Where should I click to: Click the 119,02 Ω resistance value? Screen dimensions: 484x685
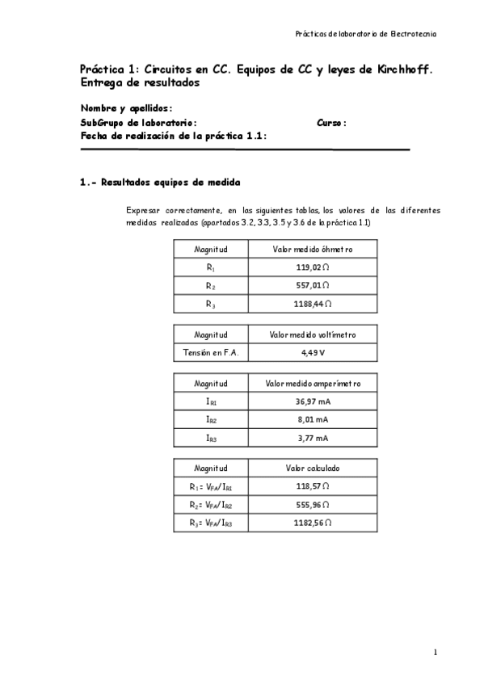[x=312, y=267]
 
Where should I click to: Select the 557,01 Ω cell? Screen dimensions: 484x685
[x=312, y=286]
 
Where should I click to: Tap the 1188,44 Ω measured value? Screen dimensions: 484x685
[x=312, y=305]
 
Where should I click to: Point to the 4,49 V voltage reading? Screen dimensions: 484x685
[x=312, y=352]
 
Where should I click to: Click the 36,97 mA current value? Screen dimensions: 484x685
[x=312, y=401]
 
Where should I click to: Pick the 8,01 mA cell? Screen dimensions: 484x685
[x=312, y=420]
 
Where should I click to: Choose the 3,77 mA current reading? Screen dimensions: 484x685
[x=312, y=439]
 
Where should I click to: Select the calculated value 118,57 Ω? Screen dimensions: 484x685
[x=312, y=486]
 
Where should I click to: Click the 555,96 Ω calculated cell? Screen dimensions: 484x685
[x=312, y=505]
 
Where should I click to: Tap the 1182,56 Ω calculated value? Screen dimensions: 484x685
[x=312, y=523]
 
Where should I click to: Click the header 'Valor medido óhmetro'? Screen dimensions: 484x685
[x=312, y=250]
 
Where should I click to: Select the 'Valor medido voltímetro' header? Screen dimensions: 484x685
[x=312, y=334]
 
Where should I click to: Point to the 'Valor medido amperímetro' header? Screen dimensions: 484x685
[x=312, y=383]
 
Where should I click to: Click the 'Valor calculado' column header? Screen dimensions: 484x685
[x=312, y=469]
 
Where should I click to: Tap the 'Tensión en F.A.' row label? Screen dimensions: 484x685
[x=211, y=352]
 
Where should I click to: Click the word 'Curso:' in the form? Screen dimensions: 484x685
[x=332, y=123]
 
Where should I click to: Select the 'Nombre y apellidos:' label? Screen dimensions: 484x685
[x=126, y=109]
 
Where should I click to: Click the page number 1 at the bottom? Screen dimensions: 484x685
[x=435, y=652]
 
